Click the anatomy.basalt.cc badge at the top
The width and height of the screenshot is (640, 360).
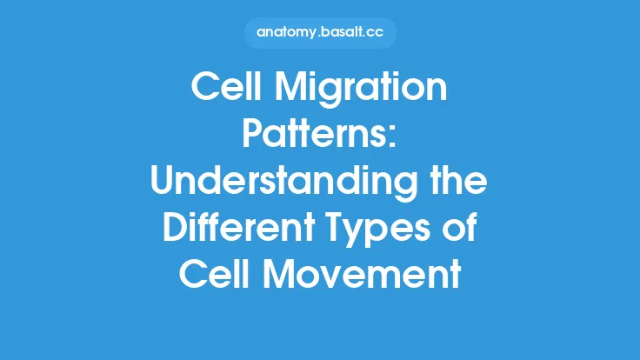(320, 32)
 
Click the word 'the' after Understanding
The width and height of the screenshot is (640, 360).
(457, 183)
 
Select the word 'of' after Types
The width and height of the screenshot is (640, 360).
(464, 230)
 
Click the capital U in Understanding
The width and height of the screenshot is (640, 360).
(164, 183)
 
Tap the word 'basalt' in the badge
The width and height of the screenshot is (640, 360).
(341, 32)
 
